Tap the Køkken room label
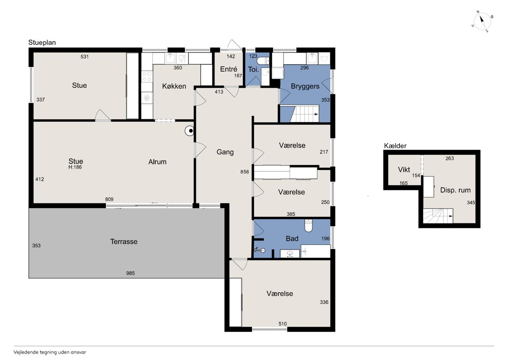pos(174,86)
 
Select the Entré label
pos(229,69)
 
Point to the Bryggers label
pos(305,86)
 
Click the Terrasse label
pos(124,241)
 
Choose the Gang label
pos(225,152)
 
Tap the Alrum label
pos(157,162)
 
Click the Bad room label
pos(292,238)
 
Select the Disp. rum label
pos(455,190)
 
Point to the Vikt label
pos(404,169)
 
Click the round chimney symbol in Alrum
pos(189,131)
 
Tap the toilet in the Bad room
pos(308,225)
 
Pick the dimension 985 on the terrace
pos(130,273)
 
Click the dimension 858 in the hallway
pos(245,172)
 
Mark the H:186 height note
pos(75,167)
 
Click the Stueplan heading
pos(42,43)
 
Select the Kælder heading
pos(395,146)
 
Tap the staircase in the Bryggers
pos(304,114)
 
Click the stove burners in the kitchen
pos(147,76)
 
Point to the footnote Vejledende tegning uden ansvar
pos(50,352)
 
